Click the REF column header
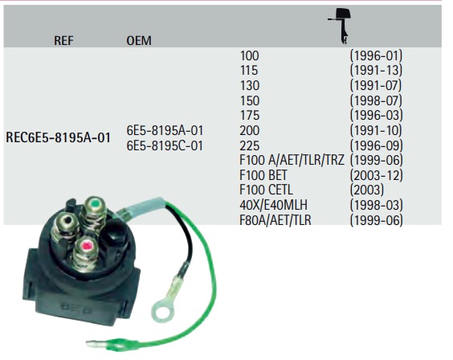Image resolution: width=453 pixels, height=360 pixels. click(63, 41)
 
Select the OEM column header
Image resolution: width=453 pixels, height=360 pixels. click(139, 41)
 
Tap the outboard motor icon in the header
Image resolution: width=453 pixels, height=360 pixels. click(341, 26)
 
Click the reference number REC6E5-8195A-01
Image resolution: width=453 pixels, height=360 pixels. click(58, 137)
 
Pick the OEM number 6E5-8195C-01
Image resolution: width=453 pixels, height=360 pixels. click(165, 145)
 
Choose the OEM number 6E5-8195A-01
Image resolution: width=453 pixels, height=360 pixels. click(165, 131)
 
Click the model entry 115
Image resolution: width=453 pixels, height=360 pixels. click(249, 71)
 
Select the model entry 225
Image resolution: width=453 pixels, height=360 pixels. click(250, 145)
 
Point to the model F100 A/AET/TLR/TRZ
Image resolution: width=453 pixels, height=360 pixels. click(292, 160)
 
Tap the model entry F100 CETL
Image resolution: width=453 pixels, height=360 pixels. click(266, 190)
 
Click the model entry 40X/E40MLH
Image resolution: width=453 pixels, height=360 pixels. click(273, 205)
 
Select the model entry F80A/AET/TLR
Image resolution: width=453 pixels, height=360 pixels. click(275, 220)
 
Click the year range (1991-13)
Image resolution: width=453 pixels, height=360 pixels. click(376, 71)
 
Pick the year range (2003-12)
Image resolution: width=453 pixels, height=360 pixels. click(376, 175)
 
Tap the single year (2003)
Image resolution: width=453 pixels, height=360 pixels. click(367, 190)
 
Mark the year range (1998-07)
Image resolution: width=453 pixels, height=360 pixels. click(376, 100)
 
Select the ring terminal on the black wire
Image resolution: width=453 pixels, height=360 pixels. click(163, 309)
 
